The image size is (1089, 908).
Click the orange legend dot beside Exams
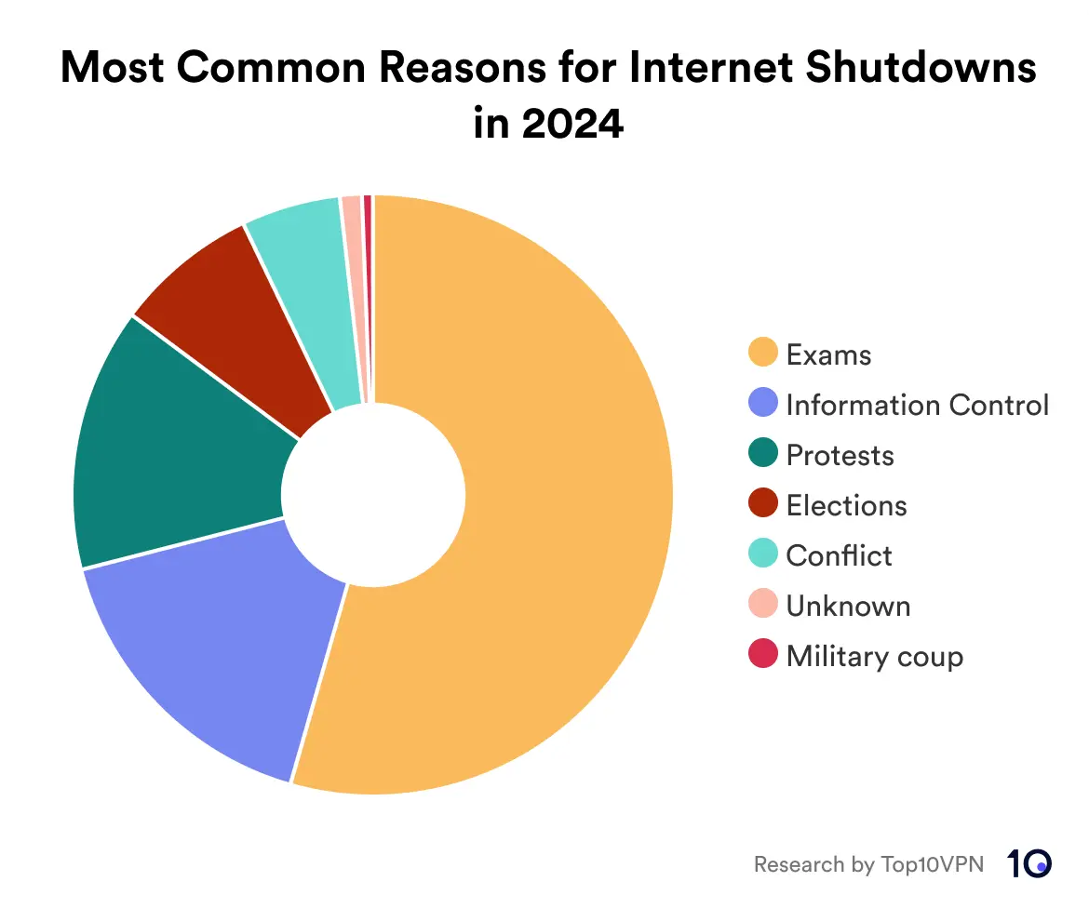763,354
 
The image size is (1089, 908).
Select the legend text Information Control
917,405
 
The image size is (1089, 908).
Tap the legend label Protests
840,455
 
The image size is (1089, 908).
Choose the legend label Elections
846,505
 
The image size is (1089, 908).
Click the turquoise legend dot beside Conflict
763,554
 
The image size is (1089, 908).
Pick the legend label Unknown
848,606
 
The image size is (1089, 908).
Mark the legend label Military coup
874,656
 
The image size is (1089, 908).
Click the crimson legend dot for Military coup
763,655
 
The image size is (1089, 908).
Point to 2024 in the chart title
571,124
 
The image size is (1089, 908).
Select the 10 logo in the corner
1029,862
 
